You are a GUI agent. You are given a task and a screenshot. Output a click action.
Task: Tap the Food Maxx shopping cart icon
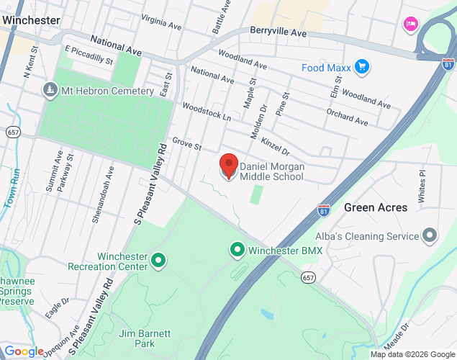(362, 68)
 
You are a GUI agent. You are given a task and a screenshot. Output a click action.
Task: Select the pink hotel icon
(411, 24)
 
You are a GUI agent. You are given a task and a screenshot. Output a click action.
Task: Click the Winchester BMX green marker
(236, 250)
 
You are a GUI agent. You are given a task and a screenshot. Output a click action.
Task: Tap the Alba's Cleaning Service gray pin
(430, 235)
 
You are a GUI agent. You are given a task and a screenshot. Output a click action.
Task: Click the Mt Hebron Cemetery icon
(50, 91)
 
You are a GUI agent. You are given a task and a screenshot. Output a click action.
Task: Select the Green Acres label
(376, 207)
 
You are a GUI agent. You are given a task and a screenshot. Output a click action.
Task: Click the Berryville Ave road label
(279, 32)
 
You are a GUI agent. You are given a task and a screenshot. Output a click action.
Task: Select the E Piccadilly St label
(89, 55)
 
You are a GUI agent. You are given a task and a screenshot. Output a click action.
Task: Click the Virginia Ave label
(161, 22)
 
